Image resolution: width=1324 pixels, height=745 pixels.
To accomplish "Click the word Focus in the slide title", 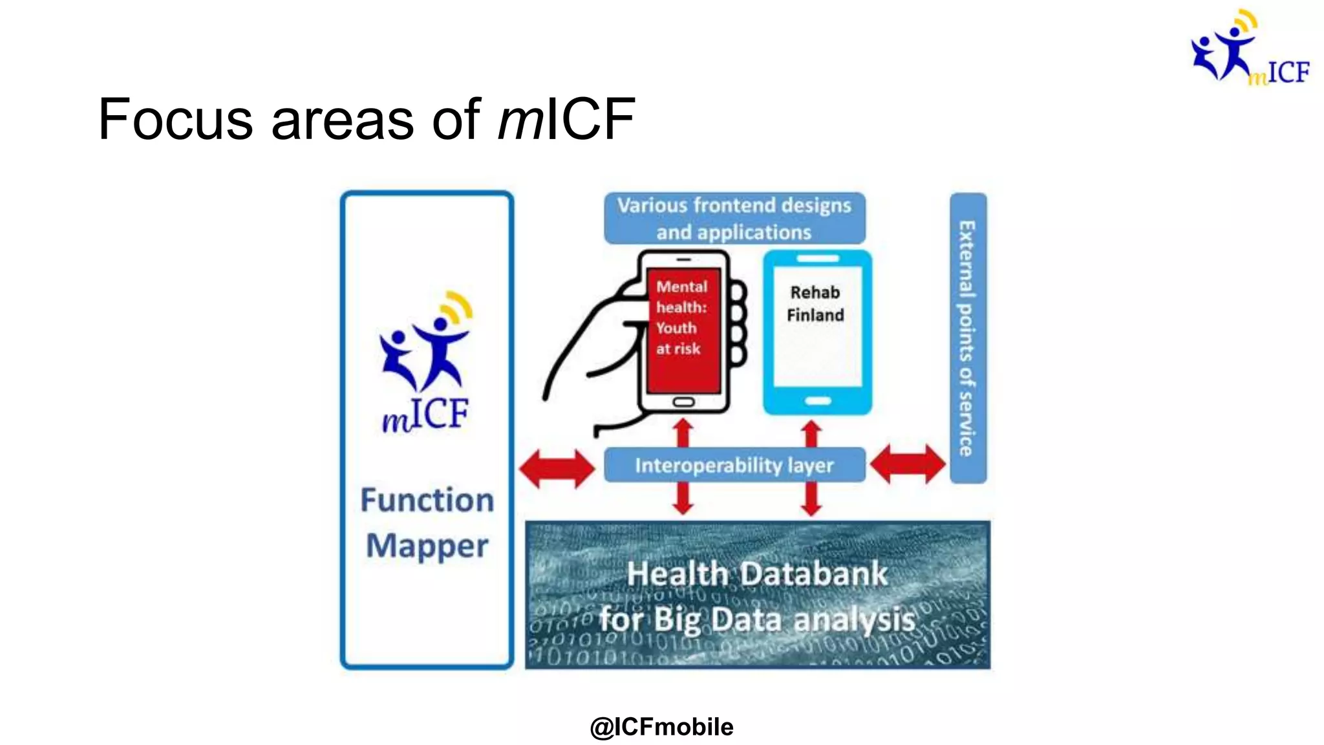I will [x=175, y=120].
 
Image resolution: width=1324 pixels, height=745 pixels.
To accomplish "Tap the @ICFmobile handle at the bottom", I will [x=661, y=727].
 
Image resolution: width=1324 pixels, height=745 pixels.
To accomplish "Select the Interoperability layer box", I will [x=734, y=465].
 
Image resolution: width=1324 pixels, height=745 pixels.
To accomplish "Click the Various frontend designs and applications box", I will [x=734, y=219].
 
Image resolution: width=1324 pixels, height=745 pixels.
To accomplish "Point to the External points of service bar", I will [x=968, y=338].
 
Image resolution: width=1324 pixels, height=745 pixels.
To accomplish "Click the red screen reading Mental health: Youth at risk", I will [x=683, y=330].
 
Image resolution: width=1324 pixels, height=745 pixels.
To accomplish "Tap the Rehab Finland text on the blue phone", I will [x=816, y=304].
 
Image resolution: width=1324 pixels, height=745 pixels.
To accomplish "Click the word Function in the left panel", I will [x=427, y=500].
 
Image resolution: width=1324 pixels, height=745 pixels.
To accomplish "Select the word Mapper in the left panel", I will [x=427, y=546].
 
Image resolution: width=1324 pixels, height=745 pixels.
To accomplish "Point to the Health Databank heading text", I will [x=757, y=574].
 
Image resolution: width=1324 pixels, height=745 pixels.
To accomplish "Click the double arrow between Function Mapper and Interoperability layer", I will [x=557, y=468].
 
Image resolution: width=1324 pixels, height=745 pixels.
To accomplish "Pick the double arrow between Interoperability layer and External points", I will [x=908, y=464].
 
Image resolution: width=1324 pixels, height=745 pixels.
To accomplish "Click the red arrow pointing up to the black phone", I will [x=683, y=431].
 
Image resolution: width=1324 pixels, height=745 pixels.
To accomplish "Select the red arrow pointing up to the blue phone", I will [x=811, y=432].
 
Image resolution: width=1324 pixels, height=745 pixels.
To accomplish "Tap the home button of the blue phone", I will [x=818, y=401].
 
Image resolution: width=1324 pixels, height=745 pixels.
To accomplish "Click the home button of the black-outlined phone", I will [x=683, y=402].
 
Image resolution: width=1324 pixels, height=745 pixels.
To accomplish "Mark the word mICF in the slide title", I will [x=567, y=120].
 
